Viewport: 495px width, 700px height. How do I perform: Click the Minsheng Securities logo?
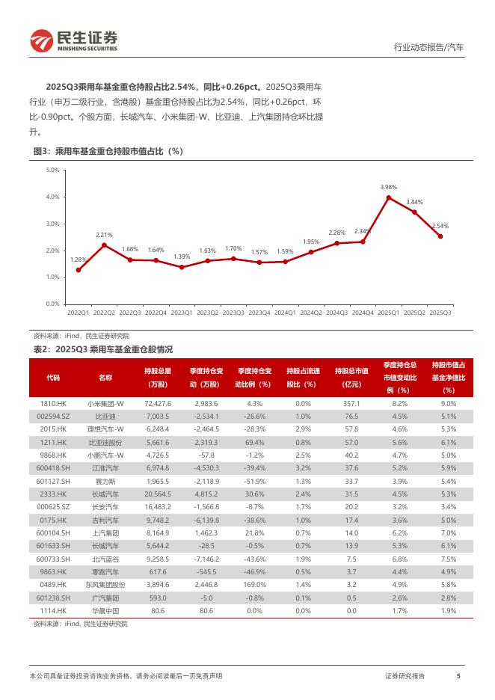73,41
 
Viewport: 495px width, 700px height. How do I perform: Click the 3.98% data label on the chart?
388,187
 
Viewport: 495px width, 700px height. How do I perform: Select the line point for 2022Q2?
104,245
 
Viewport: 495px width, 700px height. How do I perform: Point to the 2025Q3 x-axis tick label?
440,313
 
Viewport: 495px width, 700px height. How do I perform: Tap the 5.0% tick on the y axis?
52,171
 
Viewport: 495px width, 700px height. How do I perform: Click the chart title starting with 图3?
108,151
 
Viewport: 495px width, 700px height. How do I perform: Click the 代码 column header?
53,378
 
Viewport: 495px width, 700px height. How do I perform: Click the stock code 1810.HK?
53,403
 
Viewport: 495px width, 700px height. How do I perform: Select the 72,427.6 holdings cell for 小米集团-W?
157,403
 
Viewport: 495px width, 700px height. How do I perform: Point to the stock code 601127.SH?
53,481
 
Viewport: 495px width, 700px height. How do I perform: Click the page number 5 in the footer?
458,676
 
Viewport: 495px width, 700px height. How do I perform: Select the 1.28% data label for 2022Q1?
78,260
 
